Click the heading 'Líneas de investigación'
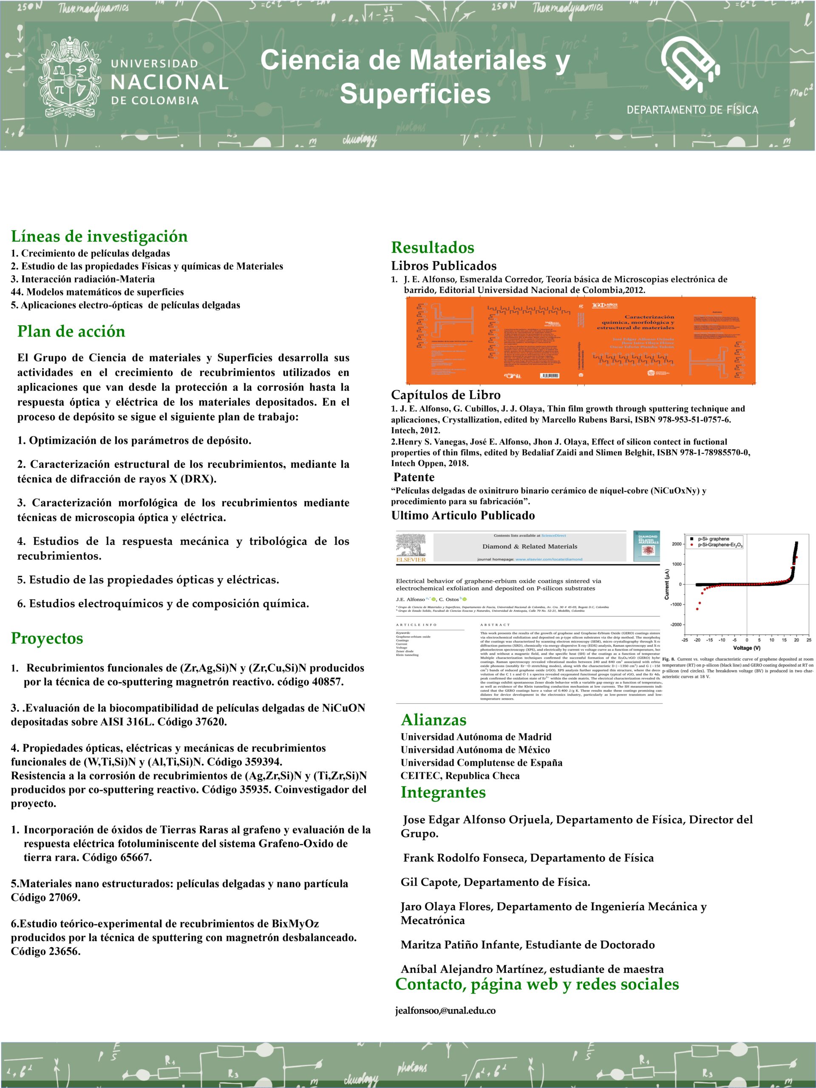pyautogui.click(x=99, y=236)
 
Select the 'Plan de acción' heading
pyautogui.click(x=71, y=331)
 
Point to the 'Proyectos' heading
pyautogui.click(x=47, y=638)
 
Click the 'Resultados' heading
pyautogui.click(x=432, y=247)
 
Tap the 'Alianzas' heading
pyautogui.click(x=433, y=720)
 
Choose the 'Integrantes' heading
pyautogui.click(x=443, y=792)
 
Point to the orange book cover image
pyautogui.click(x=581, y=340)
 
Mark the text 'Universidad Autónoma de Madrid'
pyautogui.click(x=476, y=737)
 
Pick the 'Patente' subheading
pyautogui.click(x=414, y=477)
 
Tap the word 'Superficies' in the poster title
pyautogui.click(x=415, y=93)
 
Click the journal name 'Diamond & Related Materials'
pyautogui.click(x=530, y=546)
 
